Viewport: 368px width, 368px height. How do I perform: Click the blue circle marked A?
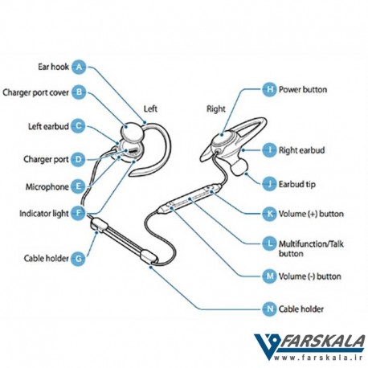[79, 67]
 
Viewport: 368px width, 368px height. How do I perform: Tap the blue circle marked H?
[269, 89]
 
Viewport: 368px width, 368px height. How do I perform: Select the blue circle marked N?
[269, 309]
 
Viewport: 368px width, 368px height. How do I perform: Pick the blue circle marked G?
[78, 259]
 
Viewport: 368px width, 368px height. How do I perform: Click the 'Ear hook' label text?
[53, 67]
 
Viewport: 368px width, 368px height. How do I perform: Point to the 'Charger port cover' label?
[35, 92]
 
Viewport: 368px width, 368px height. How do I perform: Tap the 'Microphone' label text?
[47, 186]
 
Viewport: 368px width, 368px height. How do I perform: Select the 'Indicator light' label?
[44, 214]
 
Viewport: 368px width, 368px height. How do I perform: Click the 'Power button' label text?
[303, 89]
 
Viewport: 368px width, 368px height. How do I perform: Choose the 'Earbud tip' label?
[297, 184]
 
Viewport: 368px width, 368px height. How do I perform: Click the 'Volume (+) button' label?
[311, 214]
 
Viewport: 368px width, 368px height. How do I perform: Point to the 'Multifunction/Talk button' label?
[311, 248]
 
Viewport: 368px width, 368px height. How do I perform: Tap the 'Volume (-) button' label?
[310, 276]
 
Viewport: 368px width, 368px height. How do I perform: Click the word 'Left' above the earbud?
[150, 108]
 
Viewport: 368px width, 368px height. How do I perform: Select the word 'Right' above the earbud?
[216, 109]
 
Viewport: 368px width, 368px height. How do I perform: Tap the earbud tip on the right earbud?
[239, 166]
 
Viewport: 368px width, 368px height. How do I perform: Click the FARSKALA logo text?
[321, 341]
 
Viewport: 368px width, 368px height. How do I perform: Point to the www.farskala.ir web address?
[318, 358]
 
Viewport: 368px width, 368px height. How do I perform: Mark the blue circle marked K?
[269, 214]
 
